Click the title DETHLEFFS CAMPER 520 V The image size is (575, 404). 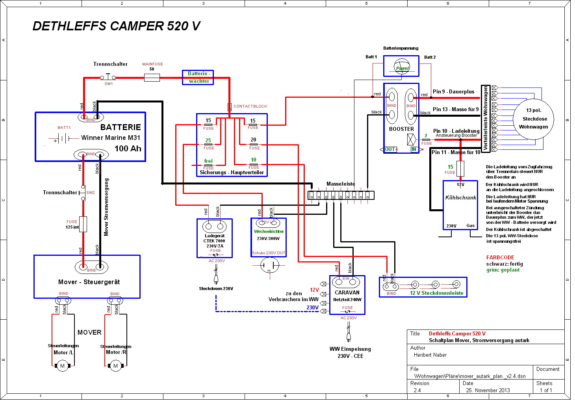[116, 26]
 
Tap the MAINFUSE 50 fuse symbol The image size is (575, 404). [152, 78]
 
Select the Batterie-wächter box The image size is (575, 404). [198, 77]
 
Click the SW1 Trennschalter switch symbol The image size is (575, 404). [108, 78]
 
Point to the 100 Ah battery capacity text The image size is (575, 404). [128, 149]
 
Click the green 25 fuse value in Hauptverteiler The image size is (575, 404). [208, 140]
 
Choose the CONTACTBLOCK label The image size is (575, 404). [250, 106]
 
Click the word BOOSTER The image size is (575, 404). [401, 129]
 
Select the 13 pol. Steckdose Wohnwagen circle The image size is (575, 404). [534, 119]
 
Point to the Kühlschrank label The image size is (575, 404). [460, 197]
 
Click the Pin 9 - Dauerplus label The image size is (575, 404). [453, 91]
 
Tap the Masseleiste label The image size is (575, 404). [341, 184]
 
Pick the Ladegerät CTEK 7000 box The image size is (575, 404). [215, 238]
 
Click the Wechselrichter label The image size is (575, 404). [269, 231]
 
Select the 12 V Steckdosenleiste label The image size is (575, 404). [436, 293]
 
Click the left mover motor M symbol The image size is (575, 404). [62, 366]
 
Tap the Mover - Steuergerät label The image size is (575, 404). [89, 282]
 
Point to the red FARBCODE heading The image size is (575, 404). [500, 257]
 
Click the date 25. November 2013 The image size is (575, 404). [488, 390]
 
